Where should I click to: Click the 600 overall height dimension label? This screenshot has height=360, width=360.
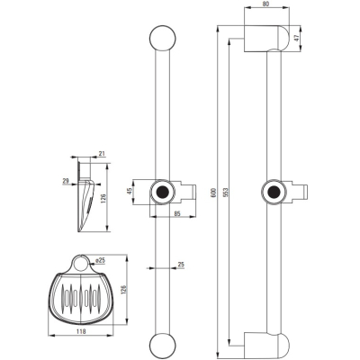click(213, 192)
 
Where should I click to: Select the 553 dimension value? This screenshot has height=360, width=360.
click(226, 193)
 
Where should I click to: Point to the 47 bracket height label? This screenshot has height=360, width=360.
click(296, 39)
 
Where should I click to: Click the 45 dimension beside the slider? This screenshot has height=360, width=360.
click(130, 192)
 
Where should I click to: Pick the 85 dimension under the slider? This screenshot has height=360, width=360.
click(177, 214)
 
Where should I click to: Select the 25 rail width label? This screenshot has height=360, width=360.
click(181, 265)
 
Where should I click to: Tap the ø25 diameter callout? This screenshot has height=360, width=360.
click(100, 261)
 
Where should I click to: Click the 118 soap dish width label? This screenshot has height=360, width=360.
click(81, 331)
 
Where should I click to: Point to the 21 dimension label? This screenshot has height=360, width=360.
click(102, 154)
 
